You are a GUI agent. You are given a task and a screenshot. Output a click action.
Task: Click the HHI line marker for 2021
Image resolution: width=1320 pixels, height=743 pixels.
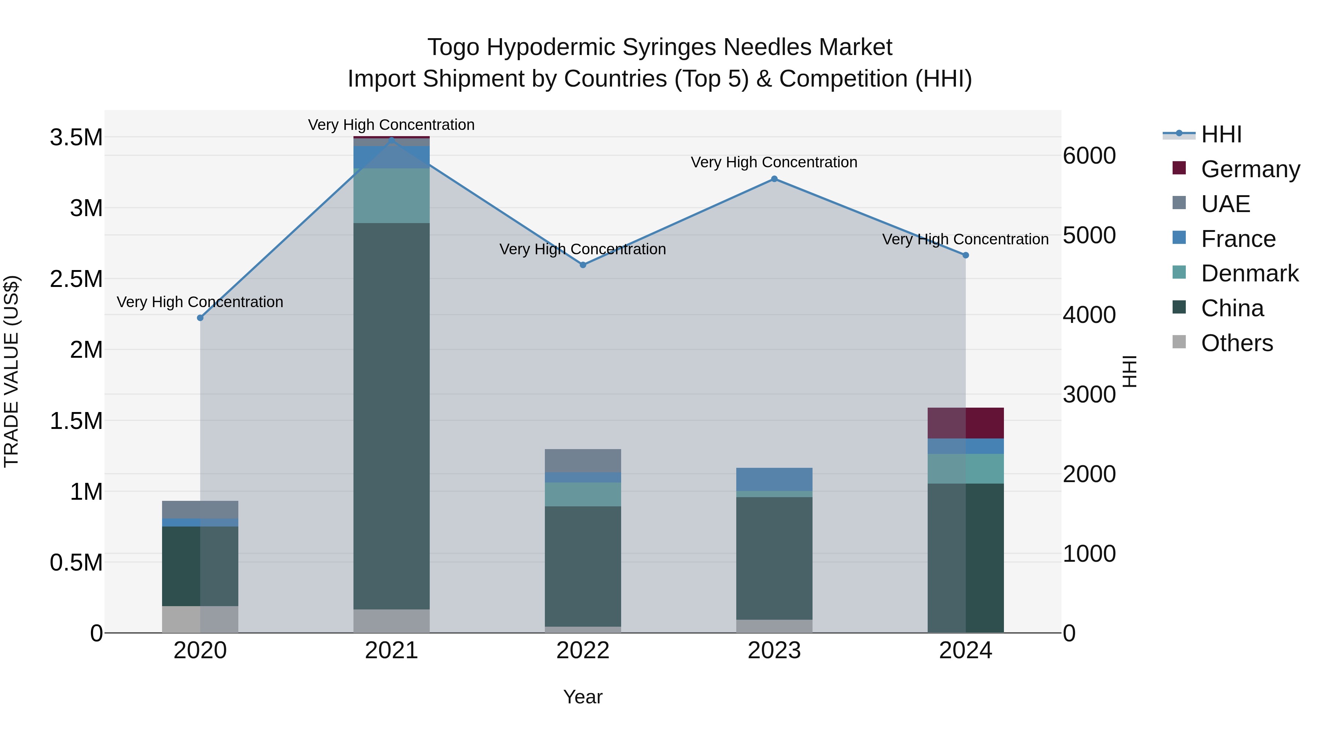392,140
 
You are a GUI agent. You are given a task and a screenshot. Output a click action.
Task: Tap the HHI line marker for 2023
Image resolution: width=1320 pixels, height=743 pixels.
774,179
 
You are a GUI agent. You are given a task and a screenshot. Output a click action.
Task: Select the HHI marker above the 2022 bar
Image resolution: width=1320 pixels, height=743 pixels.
583,265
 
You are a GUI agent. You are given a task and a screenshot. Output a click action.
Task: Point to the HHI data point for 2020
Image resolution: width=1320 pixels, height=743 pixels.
200,318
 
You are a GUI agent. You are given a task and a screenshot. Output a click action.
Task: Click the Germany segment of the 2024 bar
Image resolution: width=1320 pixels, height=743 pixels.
965,423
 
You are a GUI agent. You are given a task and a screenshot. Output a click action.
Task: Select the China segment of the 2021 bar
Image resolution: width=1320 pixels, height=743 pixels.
392,415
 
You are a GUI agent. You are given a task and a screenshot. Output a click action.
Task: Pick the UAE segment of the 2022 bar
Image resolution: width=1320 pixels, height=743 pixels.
583,460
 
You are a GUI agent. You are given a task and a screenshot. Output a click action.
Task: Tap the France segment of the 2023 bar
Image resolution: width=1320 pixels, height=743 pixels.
774,479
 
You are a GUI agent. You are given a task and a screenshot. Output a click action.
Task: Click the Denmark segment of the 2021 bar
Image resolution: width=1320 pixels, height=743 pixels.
392,195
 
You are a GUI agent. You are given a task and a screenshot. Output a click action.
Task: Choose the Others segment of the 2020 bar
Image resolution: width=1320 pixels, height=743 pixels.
200,619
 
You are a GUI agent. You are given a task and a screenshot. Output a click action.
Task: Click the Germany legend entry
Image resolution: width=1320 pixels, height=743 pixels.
1250,169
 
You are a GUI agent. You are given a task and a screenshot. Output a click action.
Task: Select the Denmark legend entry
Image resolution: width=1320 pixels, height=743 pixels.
1249,273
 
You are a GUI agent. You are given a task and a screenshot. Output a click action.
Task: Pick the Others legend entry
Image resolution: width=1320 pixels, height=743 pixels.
1236,343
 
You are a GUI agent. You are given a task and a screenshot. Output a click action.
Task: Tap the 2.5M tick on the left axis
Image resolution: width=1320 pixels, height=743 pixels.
76,280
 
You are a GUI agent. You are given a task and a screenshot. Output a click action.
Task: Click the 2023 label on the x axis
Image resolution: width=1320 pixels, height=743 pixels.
774,651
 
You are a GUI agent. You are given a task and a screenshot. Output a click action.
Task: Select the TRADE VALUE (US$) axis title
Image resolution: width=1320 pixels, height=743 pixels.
12,371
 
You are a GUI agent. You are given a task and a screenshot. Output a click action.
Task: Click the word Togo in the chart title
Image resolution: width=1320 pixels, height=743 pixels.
454,47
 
